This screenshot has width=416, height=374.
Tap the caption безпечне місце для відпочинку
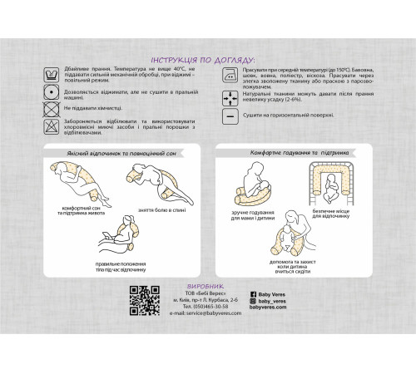tap(346, 214)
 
